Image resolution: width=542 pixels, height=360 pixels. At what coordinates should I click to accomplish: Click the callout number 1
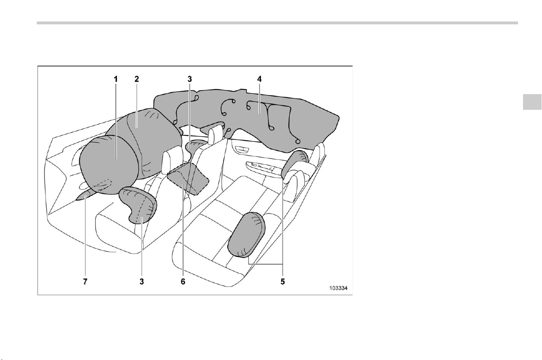click(x=116, y=79)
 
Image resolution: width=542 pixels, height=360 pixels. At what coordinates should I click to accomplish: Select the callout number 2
click(x=137, y=79)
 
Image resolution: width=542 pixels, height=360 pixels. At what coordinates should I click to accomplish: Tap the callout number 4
click(x=259, y=79)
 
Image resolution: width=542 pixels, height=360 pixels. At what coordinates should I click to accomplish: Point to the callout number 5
click(x=283, y=282)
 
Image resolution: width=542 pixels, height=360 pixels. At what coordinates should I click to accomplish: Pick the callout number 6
click(x=183, y=282)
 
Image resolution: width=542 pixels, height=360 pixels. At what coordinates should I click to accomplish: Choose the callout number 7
click(x=85, y=282)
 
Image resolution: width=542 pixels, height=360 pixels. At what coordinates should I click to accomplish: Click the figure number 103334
click(x=338, y=288)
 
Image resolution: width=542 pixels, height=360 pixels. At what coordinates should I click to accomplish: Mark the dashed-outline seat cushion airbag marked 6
click(x=188, y=178)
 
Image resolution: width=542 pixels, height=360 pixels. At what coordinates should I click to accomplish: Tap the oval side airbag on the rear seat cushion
click(x=246, y=234)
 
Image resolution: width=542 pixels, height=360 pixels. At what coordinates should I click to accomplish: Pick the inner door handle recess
click(x=242, y=149)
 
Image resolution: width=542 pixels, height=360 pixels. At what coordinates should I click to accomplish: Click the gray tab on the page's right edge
click(x=532, y=102)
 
